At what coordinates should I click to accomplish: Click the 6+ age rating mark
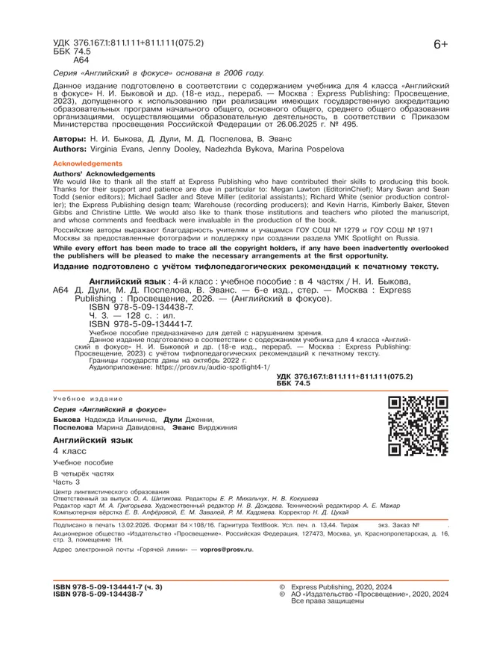[x=440, y=45]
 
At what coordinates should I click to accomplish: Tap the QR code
[x=417, y=426]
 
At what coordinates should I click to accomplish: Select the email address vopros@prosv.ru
[x=222, y=550]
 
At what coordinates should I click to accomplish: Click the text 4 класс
[x=69, y=453]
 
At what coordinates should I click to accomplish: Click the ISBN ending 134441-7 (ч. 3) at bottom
[x=107, y=587]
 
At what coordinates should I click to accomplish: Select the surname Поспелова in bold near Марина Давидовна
[x=72, y=428]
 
